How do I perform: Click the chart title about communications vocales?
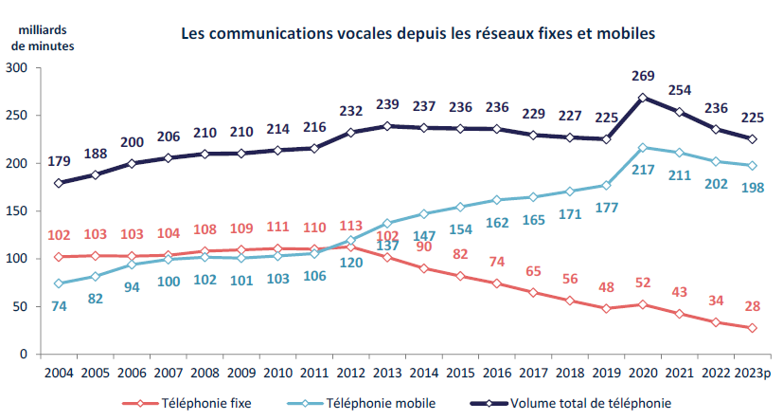pos(418,33)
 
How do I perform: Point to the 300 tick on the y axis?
pos(16,68)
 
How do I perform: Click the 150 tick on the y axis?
pos(16,210)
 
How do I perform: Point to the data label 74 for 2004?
pos(60,305)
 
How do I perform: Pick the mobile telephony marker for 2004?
pos(60,283)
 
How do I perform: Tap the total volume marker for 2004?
pos(60,183)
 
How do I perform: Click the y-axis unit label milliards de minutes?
pos(38,31)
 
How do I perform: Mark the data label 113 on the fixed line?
pos(350,226)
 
